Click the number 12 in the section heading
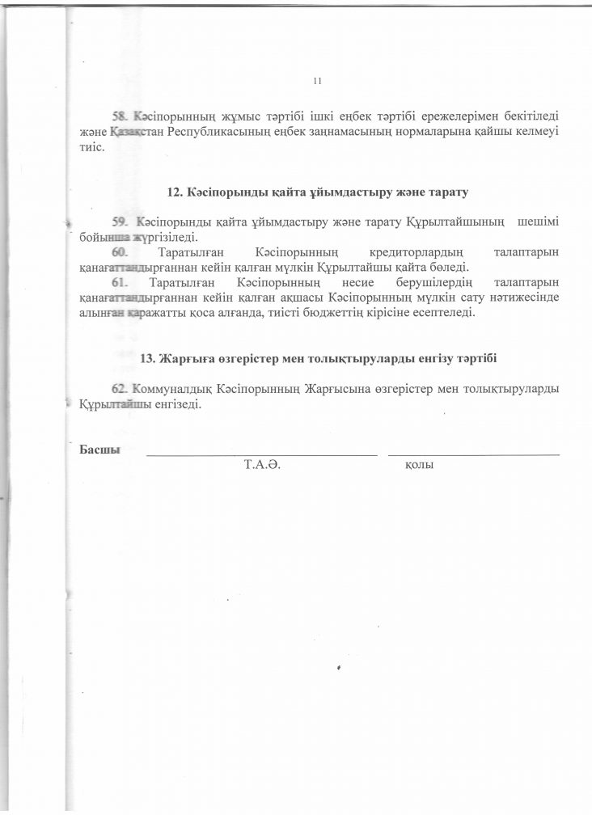click(173, 193)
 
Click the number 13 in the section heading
click(148, 358)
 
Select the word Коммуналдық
click(173, 389)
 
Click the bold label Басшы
click(100, 450)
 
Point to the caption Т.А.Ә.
click(261, 466)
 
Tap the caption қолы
click(419, 466)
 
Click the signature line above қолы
click(474, 455)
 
